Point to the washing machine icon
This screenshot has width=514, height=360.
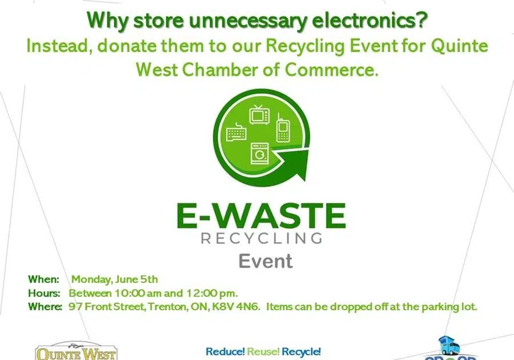coord(259,153)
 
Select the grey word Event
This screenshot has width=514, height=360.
coord(265,261)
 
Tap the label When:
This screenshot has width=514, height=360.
coord(43,279)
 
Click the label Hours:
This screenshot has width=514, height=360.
coord(44,293)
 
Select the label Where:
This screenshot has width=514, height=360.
coord(45,307)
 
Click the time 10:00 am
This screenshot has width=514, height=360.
coord(134,293)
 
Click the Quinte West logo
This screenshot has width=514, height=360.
coord(75,352)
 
